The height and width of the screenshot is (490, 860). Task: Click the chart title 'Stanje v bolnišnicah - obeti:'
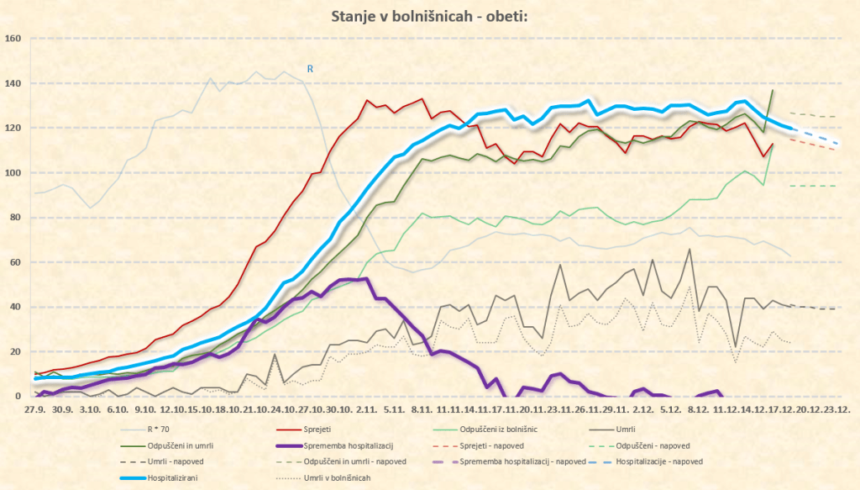click(x=429, y=16)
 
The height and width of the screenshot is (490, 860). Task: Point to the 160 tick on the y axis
click(x=13, y=39)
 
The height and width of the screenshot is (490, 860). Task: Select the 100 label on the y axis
click(x=13, y=173)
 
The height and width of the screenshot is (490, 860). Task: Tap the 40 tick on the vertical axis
click(x=15, y=307)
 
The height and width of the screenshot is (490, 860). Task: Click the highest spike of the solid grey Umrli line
click(x=690, y=249)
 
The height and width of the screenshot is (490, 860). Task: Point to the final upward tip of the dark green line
click(x=773, y=90)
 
